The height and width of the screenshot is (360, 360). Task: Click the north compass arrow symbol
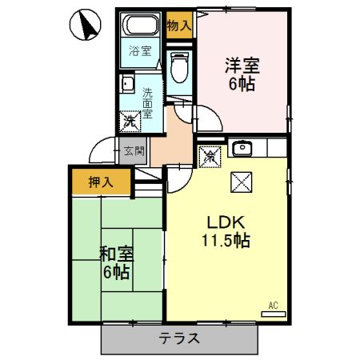[85, 26]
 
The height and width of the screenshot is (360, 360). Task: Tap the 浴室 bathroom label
[141, 52]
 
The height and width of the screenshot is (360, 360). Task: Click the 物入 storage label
[179, 26]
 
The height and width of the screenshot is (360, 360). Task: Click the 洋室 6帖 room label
[241, 74]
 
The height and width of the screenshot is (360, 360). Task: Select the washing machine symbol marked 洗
[130, 122]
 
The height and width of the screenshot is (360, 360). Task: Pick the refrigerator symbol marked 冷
[208, 156]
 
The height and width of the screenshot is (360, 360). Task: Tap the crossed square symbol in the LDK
[241, 182]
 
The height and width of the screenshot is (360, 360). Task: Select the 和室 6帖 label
[116, 263]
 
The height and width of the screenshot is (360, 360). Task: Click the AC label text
[273, 305]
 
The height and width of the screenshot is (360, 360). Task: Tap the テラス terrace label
[180, 338]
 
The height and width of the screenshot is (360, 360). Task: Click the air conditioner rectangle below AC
[273, 314]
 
